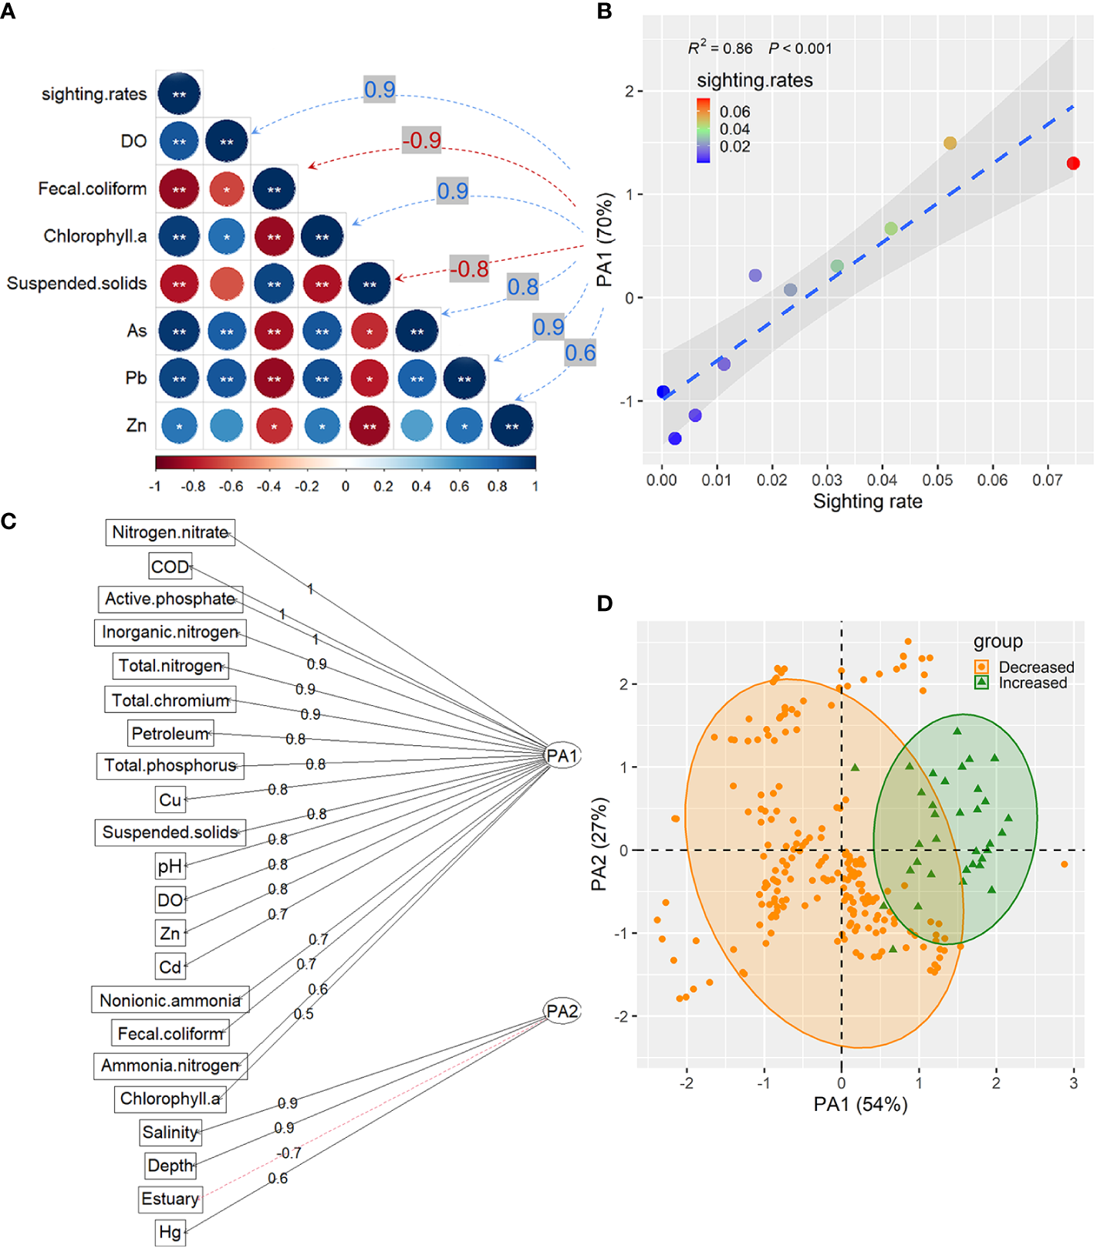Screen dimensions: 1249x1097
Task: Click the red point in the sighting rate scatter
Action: tap(1072, 163)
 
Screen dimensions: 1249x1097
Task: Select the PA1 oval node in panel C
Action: tap(562, 755)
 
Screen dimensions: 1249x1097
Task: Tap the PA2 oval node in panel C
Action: tap(562, 1011)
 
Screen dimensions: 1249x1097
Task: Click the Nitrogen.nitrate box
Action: tap(170, 532)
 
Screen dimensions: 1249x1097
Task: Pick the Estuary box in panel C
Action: tap(170, 1199)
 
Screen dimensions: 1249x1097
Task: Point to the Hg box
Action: tap(170, 1232)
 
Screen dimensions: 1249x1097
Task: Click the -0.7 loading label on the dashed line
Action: tap(289, 1153)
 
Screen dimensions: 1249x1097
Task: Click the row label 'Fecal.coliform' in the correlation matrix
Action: tap(93, 189)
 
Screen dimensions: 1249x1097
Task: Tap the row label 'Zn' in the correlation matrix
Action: tap(137, 426)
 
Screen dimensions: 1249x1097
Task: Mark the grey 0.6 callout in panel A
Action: tap(580, 353)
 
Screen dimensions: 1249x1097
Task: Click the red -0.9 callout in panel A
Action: tap(422, 140)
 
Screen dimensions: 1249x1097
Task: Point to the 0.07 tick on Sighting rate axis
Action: tap(1047, 480)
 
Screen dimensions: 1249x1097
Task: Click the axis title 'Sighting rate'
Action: tap(867, 502)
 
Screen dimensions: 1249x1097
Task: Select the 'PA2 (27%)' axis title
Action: tap(599, 844)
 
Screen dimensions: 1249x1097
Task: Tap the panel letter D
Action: tap(604, 603)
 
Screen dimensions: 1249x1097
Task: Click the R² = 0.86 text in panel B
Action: tap(720, 49)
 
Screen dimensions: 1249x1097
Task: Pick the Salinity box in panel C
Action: tap(170, 1132)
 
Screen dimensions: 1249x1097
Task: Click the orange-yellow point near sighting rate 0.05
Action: tap(950, 143)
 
